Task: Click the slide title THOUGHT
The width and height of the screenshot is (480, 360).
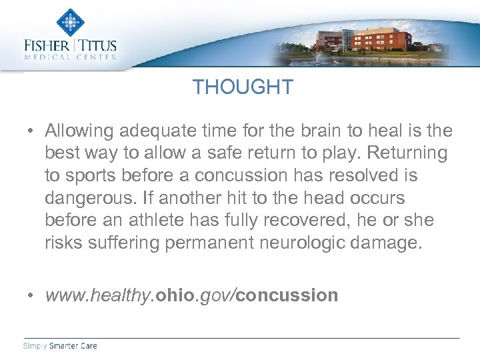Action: [x=243, y=87]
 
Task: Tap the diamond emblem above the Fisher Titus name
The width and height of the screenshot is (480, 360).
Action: [x=70, y=23]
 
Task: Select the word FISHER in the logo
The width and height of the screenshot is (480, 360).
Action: [x=47, y=46]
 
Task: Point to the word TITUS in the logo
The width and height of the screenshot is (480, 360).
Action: [x=98, y=46]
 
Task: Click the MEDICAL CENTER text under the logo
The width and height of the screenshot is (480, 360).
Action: [x=70, y=57]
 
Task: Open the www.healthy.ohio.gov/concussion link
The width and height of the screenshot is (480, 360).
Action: [x=191, y=295]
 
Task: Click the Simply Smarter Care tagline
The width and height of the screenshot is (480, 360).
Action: [x=61, y=345]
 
